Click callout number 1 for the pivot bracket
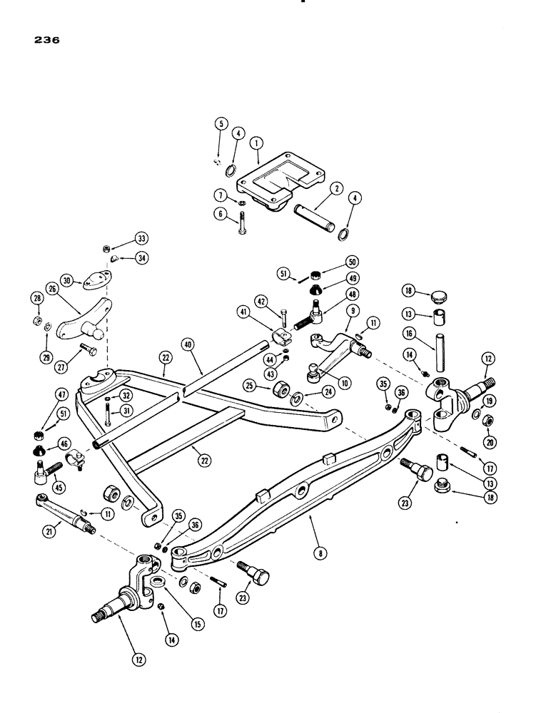pos(256,143)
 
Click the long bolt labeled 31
pos(107,416)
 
